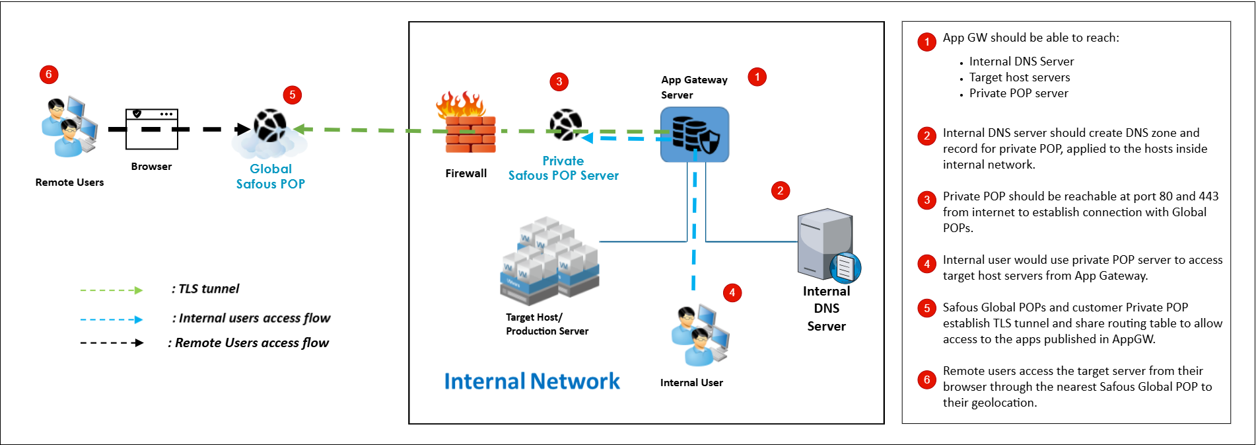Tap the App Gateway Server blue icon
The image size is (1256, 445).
[695, 134]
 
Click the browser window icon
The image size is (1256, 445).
[152, 129]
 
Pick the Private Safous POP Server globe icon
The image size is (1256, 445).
[565, 125]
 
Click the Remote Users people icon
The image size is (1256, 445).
[69, 127]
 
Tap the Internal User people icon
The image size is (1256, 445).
[699, 335]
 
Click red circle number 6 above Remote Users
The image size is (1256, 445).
[49, 74]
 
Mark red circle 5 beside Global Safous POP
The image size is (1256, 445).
[293, 95]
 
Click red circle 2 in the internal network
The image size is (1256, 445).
[781, 190]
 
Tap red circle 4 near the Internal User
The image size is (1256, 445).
[732, 292]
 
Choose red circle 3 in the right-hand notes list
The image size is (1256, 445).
[926, 200]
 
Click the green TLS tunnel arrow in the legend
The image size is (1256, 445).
[111, 290]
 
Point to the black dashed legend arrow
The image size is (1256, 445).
[111, 343]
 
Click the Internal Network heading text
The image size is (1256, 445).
[532, 382]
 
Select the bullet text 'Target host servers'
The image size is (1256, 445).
[1020, 77]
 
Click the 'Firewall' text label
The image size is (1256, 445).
[466, 173]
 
